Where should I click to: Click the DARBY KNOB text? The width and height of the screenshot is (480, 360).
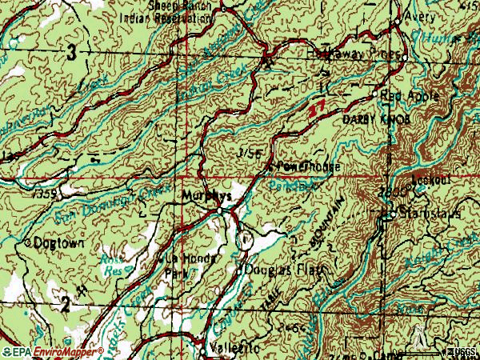tap(370, 118)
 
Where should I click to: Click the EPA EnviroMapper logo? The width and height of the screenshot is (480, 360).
tap(52, 352)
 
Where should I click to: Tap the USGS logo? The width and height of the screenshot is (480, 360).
tap(462, 352)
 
